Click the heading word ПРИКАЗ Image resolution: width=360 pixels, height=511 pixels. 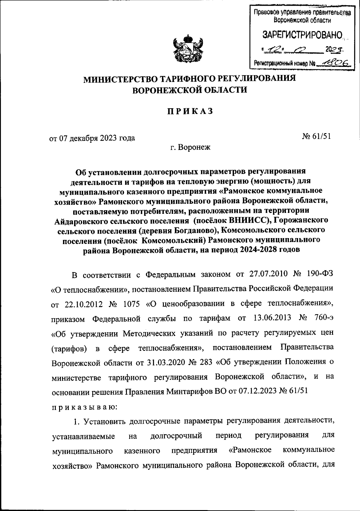pos(190,111)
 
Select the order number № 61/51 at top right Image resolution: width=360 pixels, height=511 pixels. pos(316,136)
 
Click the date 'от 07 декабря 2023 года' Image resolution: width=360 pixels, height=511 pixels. pos(92,138)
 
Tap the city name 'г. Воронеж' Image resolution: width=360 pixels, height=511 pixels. pos(190,147)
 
